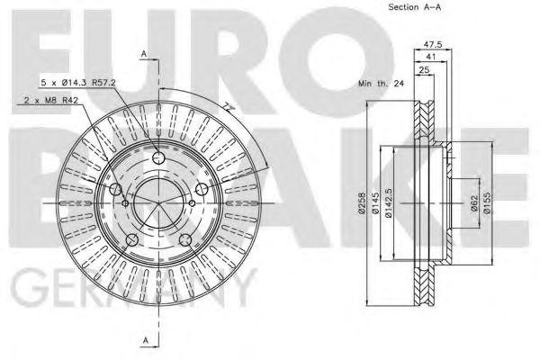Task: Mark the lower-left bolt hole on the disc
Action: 131,238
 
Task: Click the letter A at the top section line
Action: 143,56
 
